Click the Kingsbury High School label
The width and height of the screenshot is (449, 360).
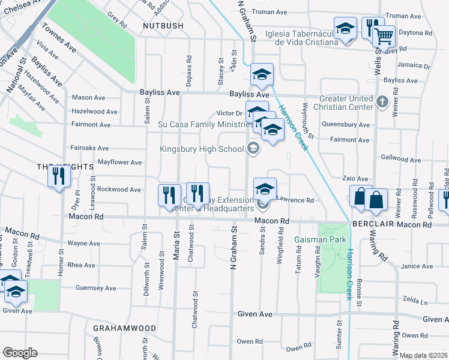pos(203,149)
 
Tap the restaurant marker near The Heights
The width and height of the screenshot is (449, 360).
pos(58,176)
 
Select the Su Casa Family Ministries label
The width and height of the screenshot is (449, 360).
pos(204,124)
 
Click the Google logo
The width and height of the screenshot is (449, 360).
pos(20,353)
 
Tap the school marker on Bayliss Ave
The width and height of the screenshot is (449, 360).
pos(262,75)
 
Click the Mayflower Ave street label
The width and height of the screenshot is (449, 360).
pos(119,162)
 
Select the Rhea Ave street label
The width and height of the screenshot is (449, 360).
pos(82,265)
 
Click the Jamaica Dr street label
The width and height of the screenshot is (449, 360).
pos(414,64)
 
